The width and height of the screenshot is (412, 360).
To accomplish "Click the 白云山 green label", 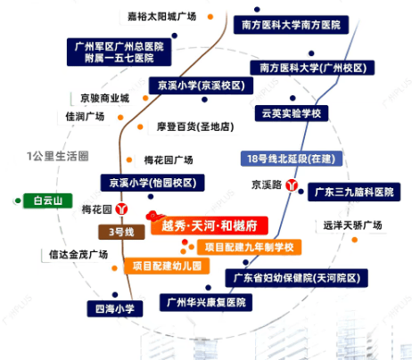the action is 48,200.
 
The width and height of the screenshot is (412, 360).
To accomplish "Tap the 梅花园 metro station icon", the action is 121,209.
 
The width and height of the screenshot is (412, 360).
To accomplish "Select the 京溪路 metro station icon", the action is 292,185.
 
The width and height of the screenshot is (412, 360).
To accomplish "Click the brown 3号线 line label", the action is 121,232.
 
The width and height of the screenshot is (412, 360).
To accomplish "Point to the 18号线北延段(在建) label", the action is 292,159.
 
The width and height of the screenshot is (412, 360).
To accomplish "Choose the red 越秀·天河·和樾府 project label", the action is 210,225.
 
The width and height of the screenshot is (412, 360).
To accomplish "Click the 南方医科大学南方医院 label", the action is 291,25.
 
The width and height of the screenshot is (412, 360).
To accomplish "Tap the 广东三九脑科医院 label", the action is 354,192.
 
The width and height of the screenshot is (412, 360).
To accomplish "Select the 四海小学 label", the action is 115,308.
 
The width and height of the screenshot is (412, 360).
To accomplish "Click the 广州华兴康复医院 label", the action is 206,302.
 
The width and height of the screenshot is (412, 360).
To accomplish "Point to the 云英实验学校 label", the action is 292,113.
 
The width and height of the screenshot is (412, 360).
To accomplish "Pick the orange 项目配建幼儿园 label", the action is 167,266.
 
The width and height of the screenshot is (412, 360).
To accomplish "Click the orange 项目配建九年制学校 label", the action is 249,247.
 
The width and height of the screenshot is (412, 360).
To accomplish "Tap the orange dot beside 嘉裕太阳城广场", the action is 210,17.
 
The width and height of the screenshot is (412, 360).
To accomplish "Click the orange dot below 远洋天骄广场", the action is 354,240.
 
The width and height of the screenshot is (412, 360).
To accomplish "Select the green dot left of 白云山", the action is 18,200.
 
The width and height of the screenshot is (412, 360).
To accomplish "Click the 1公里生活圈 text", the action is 58,156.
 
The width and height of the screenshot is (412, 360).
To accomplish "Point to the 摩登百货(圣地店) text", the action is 195,127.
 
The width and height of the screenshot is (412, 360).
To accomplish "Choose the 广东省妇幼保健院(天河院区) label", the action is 297,278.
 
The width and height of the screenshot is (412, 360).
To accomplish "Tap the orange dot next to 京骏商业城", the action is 145,98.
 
